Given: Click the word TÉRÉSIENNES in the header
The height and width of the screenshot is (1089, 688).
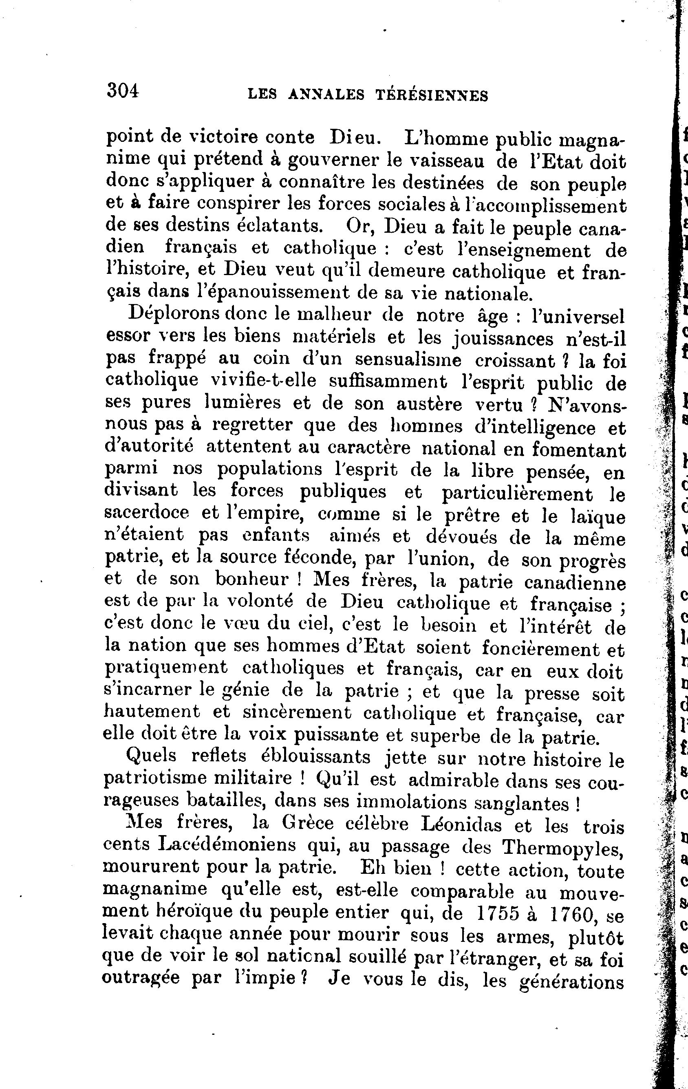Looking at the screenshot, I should pos(432,95).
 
